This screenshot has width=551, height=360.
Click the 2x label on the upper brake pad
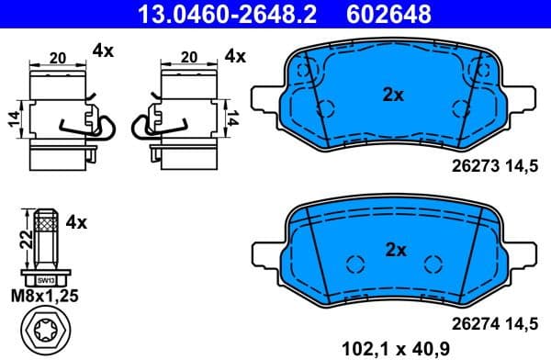(394, 93)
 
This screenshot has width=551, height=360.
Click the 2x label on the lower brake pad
(394, 249)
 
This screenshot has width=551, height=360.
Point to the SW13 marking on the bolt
(43, 279)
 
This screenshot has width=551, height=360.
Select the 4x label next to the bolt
(75, 222)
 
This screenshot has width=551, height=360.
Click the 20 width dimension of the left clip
(58, 57)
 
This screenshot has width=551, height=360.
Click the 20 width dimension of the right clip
(189, 57)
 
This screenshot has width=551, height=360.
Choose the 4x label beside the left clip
(103, 52)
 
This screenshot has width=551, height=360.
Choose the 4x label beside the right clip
(236, 56)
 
